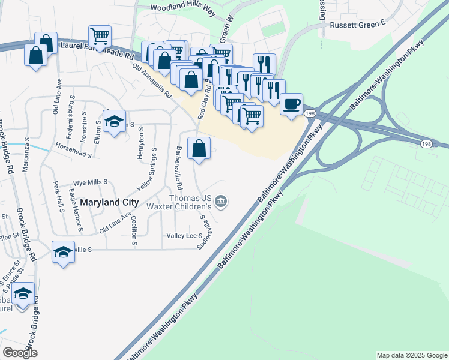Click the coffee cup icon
[x=292, y=104]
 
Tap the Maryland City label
[x=110, y=203]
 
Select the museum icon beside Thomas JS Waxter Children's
[x=221, y=202]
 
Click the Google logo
[x=20, y=353]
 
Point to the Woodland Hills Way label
[x=182, y=8]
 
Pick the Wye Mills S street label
[x=89, y=181]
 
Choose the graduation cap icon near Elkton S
[x=114, y=122]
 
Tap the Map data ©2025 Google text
[x=412, y=355]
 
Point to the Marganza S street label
[x=26, y=154]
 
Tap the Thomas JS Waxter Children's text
[x=191, y=202]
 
